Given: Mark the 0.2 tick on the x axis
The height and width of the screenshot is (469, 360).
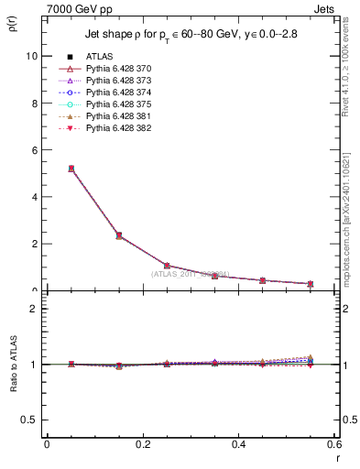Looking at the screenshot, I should coord(143,445).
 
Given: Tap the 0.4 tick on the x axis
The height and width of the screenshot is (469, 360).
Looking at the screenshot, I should coord(239,445).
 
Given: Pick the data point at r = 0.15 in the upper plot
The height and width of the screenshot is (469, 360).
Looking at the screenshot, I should coord(119,235).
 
